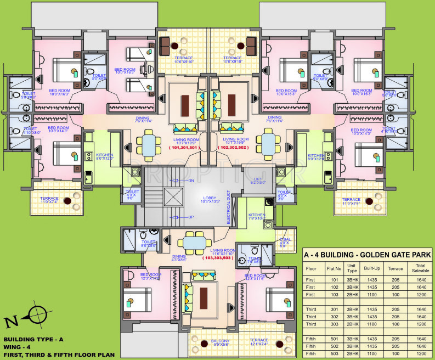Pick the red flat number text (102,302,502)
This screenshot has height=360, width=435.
(x=234, y=148)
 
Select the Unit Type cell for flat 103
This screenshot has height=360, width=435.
(x=351, y=295)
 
